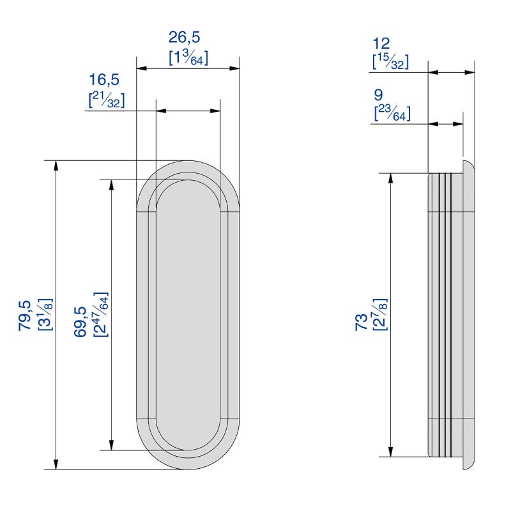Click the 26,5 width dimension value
[x=184, y=38]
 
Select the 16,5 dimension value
[x=104, y=80]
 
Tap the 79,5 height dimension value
[x=25, y=316]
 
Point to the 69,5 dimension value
[x=80, y=322]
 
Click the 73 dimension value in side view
[x=361, y=323]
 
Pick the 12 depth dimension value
[x=381, y=43]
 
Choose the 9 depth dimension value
[x=378, y=95]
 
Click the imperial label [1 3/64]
[x=188, y=57]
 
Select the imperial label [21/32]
[x=107, y=100]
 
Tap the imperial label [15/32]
[x=390, y=61]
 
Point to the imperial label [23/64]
[x=392, y=113]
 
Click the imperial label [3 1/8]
[x=45, y=314]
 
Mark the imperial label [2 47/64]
[x=101, y=314]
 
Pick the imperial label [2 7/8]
[x=379, y=314]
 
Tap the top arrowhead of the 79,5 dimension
[x=56, y=166]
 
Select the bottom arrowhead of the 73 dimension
[x=390, y=452]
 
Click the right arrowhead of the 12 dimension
[x=469, y=72]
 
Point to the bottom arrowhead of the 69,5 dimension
[x=111, y=445]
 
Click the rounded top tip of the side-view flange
[x=464, y=161]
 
